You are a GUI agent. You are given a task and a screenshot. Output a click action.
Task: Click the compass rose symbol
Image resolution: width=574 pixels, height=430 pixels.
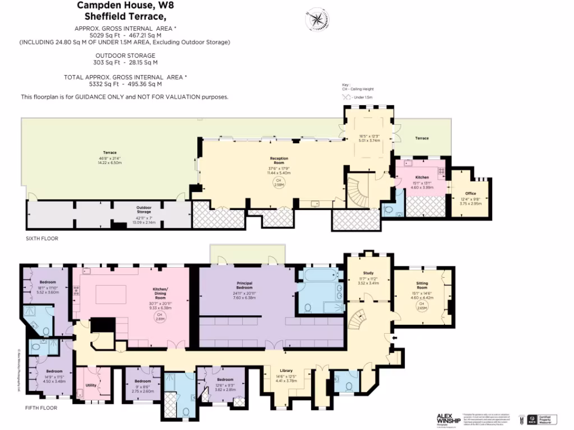tap(317, 20)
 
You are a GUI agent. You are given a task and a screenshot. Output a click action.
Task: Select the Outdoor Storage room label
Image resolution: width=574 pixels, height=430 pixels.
tap(144, 208)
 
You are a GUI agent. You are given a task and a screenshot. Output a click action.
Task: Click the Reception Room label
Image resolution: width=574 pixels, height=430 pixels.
tap(279, 160)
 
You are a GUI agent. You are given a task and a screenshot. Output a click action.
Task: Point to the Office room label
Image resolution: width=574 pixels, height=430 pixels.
tap(470, 193)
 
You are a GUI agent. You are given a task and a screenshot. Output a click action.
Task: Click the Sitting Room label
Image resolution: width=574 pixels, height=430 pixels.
tap(422, 285)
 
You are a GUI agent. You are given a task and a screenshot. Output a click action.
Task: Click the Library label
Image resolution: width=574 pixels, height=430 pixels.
tap(286, 371)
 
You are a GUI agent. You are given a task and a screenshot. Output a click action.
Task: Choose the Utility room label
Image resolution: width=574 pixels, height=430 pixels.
tap(90, 386)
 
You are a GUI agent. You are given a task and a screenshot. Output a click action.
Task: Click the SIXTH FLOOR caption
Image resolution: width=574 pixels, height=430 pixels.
tap(42, 239)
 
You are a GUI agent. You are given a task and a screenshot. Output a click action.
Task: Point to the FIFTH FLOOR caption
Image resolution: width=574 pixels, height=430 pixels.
tap(41, 408)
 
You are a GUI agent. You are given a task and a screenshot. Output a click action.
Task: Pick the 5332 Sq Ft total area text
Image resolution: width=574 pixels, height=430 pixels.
tap(125, 84)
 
